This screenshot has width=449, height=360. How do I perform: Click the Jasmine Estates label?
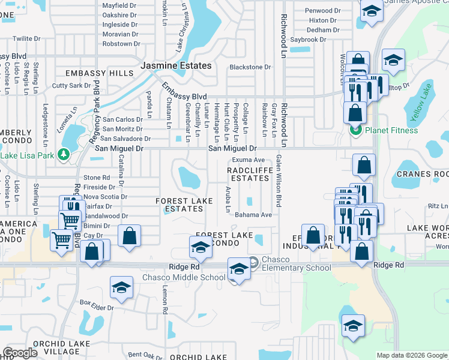click(x=176, y=65)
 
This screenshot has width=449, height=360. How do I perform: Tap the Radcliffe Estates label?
click(x=248, y=174)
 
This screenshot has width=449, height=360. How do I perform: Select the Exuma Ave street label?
click(x=249, y=160)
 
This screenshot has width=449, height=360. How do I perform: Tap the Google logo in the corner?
click(x=20, y=353)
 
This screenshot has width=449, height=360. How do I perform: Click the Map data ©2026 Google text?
click(x=411, y=355)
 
